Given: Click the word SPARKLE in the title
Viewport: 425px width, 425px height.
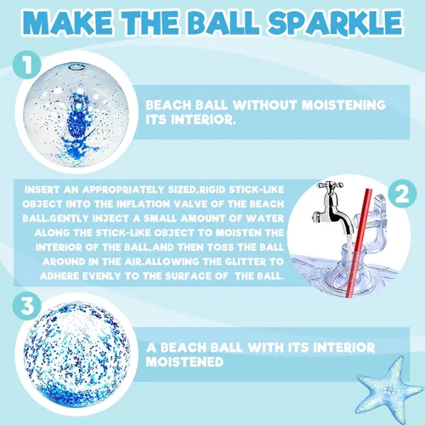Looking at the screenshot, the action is [335, 23].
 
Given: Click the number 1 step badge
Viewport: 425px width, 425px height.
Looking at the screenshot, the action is [27, 65].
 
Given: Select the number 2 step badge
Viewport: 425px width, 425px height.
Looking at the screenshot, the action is [402, 194].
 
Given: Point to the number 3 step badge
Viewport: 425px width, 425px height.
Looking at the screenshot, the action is [27, 306].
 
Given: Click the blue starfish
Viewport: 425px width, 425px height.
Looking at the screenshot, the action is [388, 388].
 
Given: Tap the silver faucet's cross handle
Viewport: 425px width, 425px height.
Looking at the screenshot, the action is [330, 185].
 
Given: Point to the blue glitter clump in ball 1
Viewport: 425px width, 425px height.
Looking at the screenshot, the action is [78, 127].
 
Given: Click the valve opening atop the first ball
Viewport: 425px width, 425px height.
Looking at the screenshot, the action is [77, 68].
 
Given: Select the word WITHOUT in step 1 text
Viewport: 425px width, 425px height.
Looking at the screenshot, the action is [265, 105].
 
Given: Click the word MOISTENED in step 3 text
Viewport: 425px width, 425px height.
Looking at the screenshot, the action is [184, 362].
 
